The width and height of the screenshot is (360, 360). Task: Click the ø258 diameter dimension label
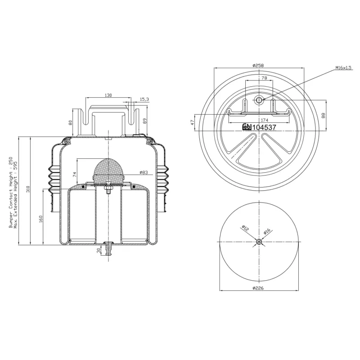pyautogui.click(x=258, y=65)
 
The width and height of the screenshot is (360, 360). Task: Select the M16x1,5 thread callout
pyautogui.click(x=343, y=68)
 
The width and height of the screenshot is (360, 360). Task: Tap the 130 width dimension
pyautogui.click(x=108, y=95)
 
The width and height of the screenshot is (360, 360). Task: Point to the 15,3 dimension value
pyautogui.click(x=144, y=99)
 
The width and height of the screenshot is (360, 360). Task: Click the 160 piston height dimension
pyautogui.click(x=41, y=219)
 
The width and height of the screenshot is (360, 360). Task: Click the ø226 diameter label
pyautogui.click(x=258, y=288)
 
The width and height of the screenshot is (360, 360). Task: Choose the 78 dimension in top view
pyautogui.click(x=264, y=78)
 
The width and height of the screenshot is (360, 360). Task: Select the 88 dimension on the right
pyautogui.click(x=323, y=115)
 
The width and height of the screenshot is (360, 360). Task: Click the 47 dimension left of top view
pyautogui.click(x=193, y=121)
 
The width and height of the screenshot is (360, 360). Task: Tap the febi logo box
pyautogui.click(x=247, y=127)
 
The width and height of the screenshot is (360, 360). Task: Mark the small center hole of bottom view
pyautogui.click(x=258, y=242)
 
